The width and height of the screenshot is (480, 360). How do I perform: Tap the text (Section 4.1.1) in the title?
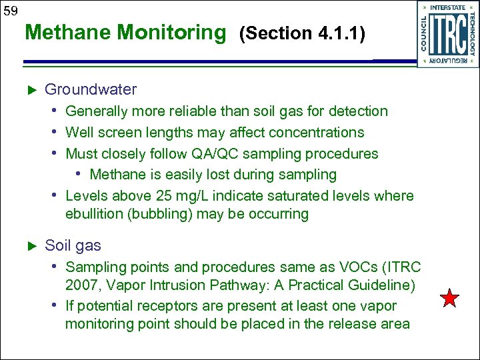(x=303, y=33)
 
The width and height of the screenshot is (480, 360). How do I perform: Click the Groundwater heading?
(x=91, y=89)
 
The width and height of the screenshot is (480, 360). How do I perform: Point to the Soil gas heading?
(x=73, y=245)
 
